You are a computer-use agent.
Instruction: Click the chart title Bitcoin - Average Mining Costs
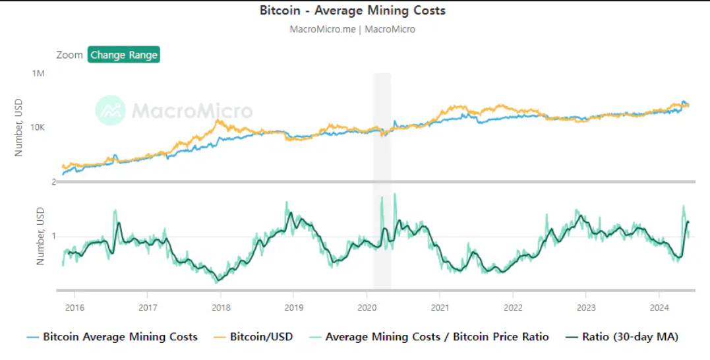352,11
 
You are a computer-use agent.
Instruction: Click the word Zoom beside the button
69,55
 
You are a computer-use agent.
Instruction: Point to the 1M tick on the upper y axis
38,73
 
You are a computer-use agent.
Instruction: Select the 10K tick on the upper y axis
37,127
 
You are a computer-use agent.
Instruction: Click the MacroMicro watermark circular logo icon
110,110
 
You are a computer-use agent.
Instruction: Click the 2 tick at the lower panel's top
53,182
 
